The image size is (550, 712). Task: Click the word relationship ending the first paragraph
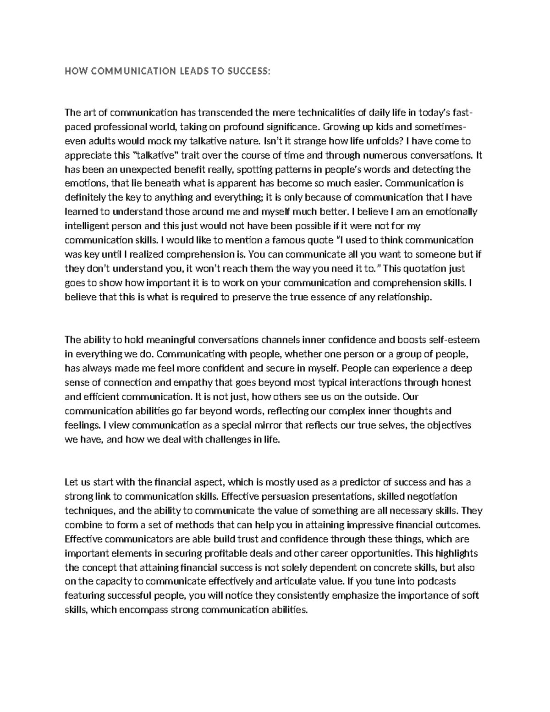click(403, 297)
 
